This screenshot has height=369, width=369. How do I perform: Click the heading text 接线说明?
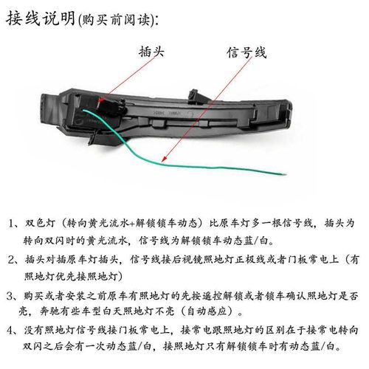click(40, 18)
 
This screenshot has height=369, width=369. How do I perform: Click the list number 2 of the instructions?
click(14, 260)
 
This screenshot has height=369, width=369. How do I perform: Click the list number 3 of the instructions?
click(14, 294)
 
